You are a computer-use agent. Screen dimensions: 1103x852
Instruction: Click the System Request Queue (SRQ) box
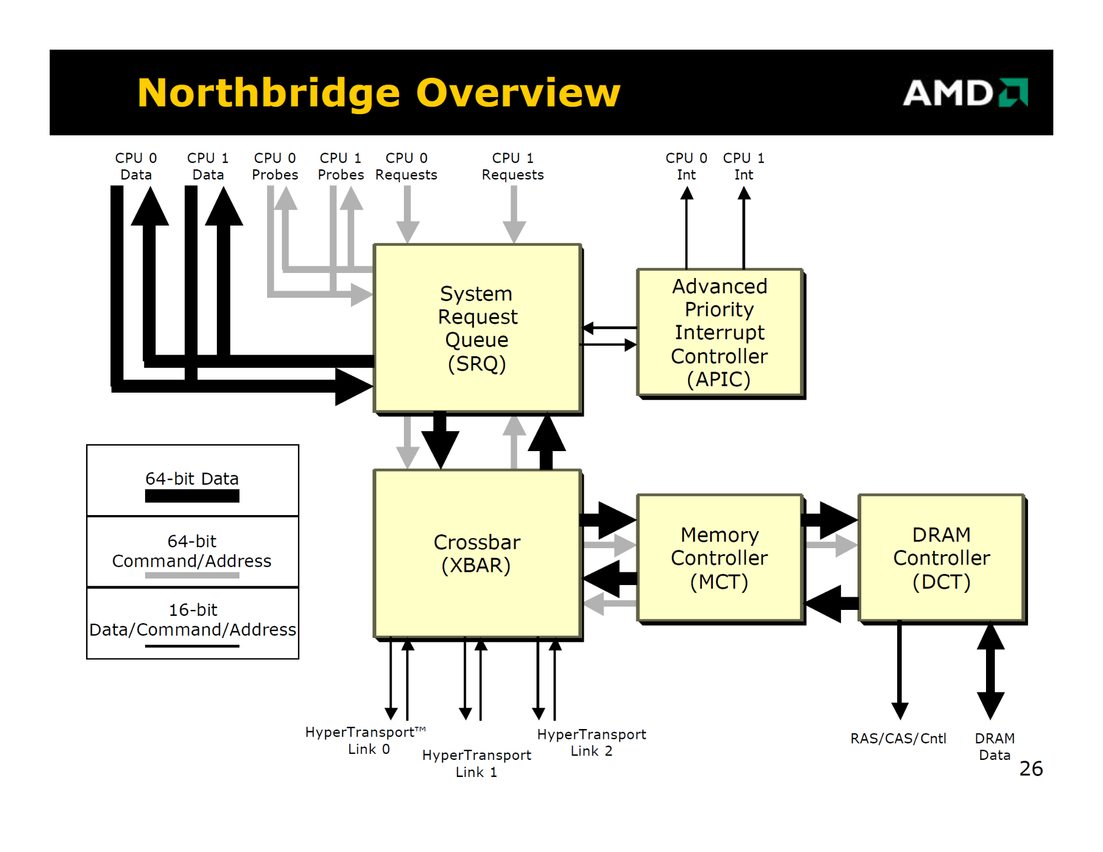478,329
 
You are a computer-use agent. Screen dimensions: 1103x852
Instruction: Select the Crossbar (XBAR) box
478,554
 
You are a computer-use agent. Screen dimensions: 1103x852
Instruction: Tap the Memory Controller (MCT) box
720,558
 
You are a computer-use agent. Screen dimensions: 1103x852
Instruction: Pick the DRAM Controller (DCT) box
942,558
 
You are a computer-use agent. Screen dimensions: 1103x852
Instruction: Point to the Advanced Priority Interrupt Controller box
720,333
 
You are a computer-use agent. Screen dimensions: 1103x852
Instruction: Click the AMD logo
965,92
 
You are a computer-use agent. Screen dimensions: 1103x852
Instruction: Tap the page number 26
1031,768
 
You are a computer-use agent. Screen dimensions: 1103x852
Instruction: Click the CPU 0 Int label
686,166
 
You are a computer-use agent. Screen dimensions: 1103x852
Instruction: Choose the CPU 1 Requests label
513,166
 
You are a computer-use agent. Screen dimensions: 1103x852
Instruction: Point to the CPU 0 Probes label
275,166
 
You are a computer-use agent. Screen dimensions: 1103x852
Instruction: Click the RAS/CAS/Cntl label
898,738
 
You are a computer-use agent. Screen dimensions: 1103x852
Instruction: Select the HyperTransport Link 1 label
477,763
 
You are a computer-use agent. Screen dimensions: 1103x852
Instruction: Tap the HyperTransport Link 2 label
592,742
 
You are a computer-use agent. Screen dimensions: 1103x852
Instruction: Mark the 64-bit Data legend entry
192,485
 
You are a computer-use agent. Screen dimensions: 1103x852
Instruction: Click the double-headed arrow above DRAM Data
990,672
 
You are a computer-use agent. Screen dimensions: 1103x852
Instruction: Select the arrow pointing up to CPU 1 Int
744,227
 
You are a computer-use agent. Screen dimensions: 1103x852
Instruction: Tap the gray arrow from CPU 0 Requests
407,215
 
